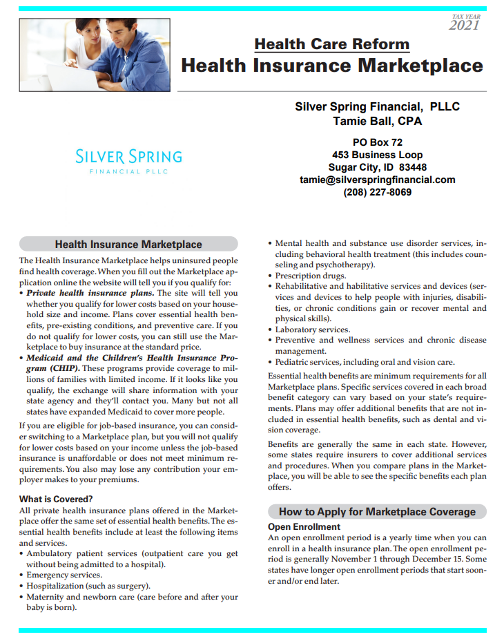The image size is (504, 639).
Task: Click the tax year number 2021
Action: click(464, 26)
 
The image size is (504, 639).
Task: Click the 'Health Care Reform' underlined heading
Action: click(331, 45)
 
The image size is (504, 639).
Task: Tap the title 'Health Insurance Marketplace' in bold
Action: click(331, 66)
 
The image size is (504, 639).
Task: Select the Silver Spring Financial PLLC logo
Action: click(128, 161)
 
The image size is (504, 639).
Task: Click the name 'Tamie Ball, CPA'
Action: click(377, 122)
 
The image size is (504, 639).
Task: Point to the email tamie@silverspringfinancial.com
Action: click(377, 180)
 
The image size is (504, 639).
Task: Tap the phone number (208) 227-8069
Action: click(377, 192)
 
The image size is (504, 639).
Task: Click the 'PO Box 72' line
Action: click(377, 142)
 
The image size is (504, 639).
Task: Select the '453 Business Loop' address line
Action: click(377, 155)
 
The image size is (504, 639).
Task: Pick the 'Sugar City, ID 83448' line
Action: click(377, 167)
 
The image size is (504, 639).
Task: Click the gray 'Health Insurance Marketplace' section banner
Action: click(128, 244)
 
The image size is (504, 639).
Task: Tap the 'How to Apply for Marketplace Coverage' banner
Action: click(377, 512)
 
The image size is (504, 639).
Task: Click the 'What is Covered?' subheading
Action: click(56, 499)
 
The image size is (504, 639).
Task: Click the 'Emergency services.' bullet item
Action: click(64, 575)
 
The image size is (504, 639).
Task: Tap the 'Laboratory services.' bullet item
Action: click(313, 330)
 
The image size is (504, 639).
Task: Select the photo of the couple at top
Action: click(95, 50)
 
